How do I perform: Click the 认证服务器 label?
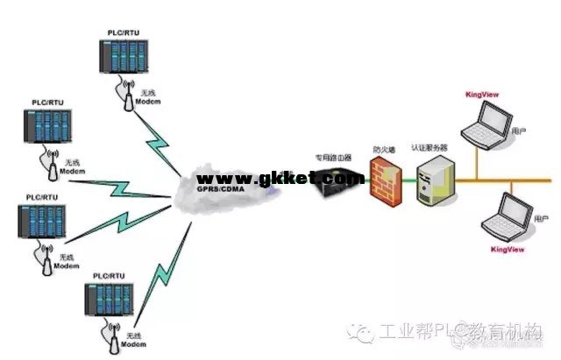point(431,148)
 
